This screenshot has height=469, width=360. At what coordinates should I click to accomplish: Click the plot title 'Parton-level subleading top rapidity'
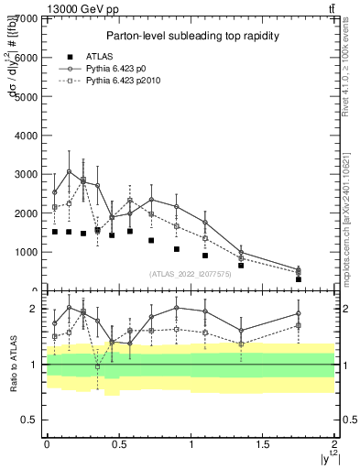(191, 36)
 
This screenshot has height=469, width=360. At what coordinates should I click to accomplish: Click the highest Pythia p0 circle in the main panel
(69, 171)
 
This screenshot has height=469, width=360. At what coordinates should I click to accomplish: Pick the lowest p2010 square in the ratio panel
(98, 366)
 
